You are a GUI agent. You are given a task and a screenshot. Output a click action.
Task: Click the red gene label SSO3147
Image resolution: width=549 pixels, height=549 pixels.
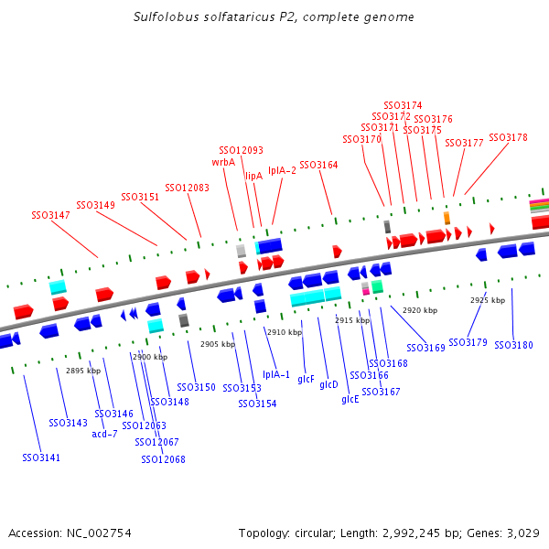(50, 215)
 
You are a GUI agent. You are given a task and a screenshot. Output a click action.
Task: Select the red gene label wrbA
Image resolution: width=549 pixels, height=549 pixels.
(223, 162)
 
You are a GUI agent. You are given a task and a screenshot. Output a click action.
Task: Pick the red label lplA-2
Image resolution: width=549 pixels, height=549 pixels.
(282, 170)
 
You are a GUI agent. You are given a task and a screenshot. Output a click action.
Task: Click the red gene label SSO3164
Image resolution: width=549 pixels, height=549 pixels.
(318, 165)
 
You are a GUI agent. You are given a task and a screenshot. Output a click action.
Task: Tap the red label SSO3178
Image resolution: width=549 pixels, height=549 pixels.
(508, 137)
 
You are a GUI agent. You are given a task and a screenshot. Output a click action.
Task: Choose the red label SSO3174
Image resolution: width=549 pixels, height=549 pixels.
(403, 106)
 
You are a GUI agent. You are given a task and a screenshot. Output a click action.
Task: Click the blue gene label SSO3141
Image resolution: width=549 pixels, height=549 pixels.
(41, 457)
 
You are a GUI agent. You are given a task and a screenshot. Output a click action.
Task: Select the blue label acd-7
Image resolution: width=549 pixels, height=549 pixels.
(105, 434)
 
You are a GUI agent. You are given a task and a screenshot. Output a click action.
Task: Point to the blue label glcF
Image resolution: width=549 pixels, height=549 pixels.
(306, 379)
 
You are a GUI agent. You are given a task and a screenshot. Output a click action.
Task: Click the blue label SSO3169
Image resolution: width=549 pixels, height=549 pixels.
(425, 348)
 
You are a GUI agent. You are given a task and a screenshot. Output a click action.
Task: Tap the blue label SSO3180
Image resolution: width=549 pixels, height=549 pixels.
(513, 345)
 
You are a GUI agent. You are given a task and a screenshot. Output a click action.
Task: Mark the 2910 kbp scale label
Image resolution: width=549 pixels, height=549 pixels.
(283, 332)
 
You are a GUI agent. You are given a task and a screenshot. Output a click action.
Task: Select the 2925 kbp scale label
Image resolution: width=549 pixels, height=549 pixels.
(488, 300)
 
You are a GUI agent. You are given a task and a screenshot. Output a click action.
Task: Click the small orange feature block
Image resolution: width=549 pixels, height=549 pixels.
(447, 218)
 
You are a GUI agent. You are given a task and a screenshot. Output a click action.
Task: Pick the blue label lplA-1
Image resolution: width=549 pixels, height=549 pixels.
(275, 374)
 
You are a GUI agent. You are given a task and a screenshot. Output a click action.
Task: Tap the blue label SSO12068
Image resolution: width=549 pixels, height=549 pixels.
(163, 459)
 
